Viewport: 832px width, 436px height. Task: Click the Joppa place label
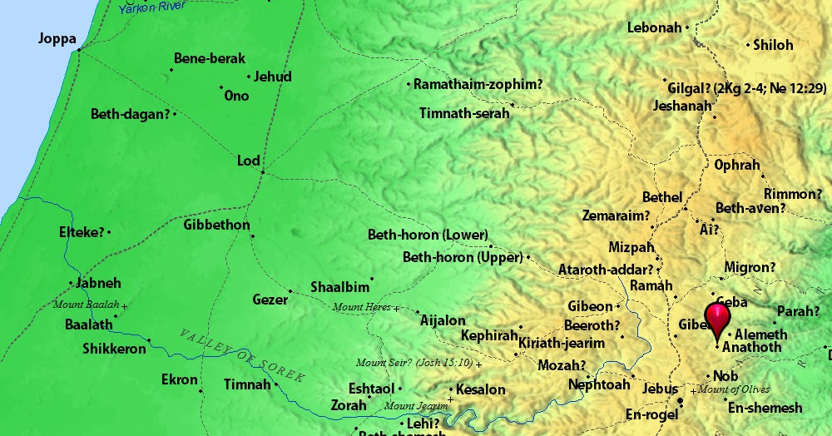tap(57, 39)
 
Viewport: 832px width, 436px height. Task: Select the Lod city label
tap(249, 161)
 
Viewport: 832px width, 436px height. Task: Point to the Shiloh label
tap(773, 45)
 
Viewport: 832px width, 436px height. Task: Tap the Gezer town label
tap(270, 299)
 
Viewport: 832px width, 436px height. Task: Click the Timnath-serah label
tap(464, 113)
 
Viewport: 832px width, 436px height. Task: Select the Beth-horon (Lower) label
tap(428, 235)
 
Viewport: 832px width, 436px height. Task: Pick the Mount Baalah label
tap(86, 305)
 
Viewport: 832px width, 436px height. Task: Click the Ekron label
tap(180, 380)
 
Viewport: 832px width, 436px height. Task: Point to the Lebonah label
tap(654, 28)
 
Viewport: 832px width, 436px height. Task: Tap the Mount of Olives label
tap(734, 389)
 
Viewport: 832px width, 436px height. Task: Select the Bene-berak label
tap(210, 58)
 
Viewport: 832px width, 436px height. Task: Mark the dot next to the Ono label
tap(221, 87)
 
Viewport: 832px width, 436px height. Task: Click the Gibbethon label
tap(216, 225)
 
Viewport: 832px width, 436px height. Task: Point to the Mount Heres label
tap(361, 308)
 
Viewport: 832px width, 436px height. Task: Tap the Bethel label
tap(662, 198)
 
